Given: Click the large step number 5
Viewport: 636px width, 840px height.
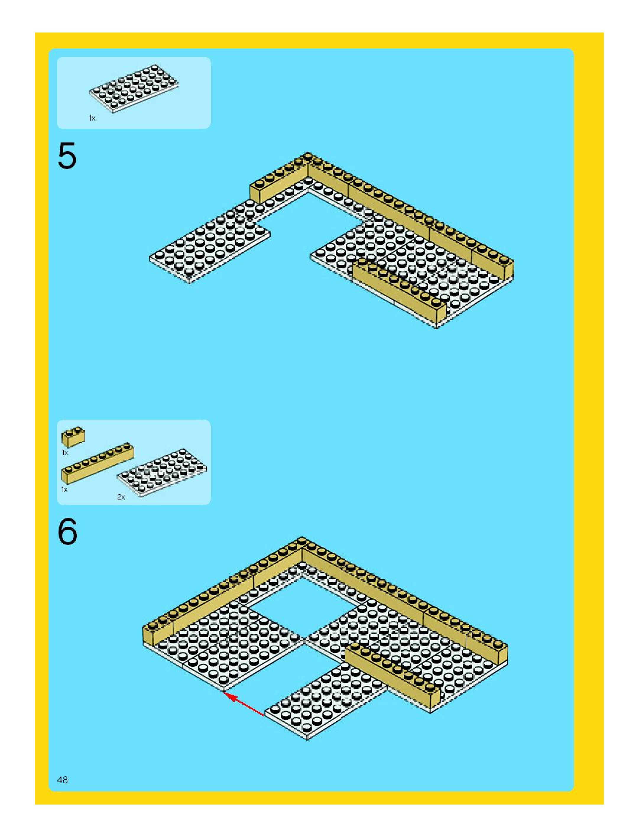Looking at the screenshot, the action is pos(67,156).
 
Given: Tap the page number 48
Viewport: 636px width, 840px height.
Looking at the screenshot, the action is pos(62,780).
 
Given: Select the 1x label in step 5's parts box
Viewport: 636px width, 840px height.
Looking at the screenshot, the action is pos(92,118).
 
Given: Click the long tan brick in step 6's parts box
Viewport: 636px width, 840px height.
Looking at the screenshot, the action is pos(98,463).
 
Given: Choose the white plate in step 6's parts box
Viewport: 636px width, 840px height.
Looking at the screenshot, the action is pos(162,473).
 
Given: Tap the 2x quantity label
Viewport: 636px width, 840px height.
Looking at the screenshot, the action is pos(121,497).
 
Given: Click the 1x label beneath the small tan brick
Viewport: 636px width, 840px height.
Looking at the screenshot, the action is pos(65,453).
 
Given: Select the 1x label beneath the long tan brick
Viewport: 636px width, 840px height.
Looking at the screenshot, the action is pos(64,489).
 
